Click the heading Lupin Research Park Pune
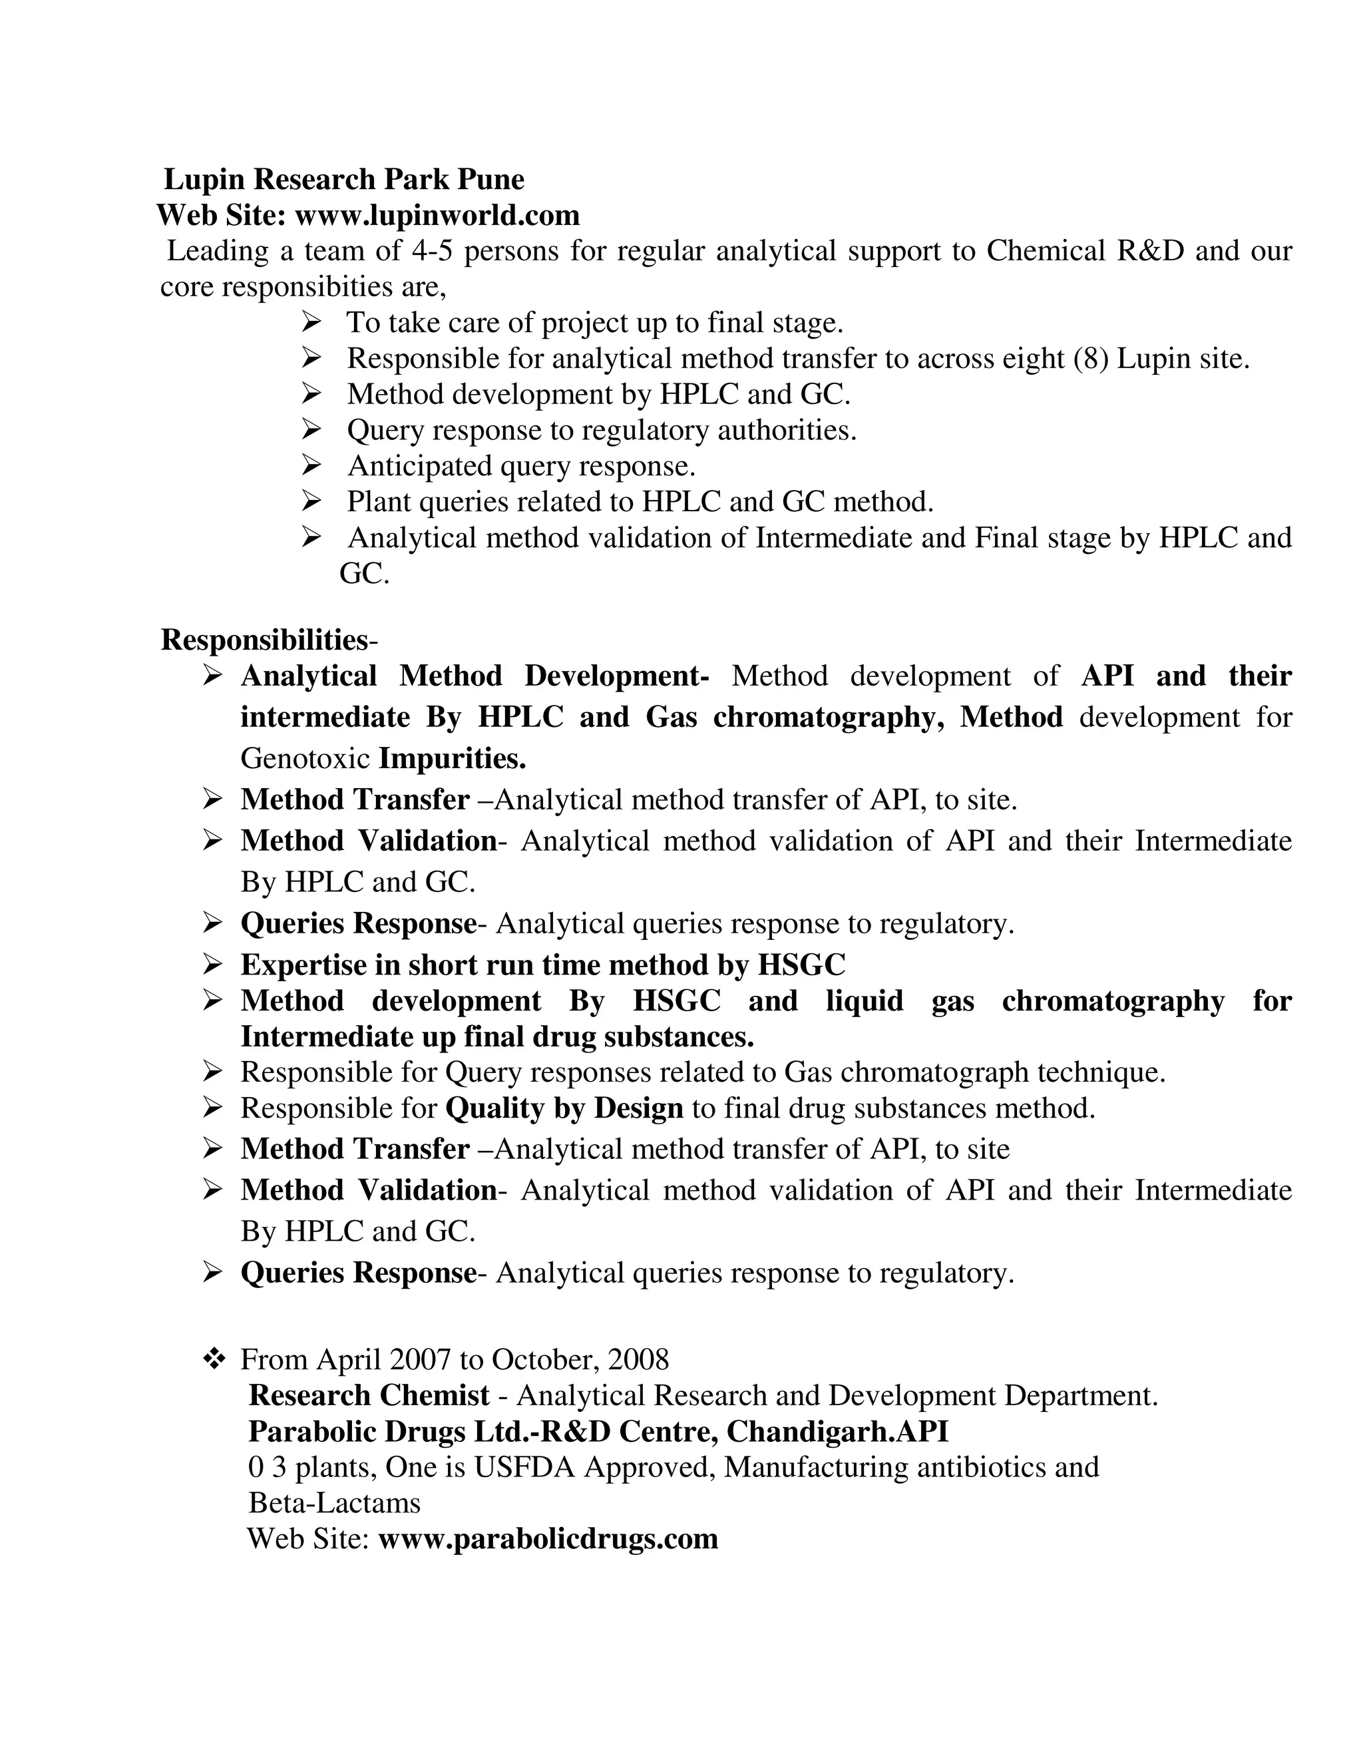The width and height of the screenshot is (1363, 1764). pos(344,179)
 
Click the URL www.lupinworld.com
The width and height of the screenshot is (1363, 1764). pos(437,216)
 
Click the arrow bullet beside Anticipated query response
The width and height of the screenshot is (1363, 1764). pos(311,465)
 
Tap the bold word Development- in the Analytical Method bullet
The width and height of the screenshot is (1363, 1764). pos(617,676)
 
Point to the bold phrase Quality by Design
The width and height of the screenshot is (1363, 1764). pos(564,1108)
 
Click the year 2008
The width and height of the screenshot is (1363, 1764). pos(638,1360)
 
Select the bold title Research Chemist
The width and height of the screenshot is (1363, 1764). pos(369,1396)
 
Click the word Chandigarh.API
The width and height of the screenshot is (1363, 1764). pos(837,1431)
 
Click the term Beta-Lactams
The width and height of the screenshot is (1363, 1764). pos(334,1503)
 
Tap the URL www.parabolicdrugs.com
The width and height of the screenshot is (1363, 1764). pos(548,1538)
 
